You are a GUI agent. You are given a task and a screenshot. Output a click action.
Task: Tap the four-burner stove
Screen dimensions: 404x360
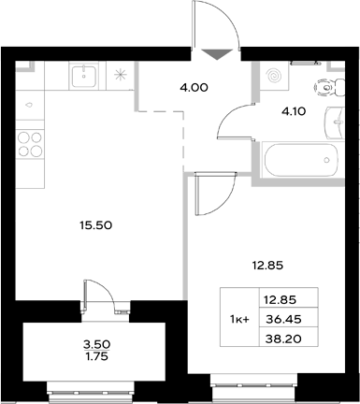point(30,142)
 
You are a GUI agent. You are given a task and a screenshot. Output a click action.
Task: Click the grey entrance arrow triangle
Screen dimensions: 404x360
point(215,55)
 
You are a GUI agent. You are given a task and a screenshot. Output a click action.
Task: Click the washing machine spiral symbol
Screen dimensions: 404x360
point(276,75)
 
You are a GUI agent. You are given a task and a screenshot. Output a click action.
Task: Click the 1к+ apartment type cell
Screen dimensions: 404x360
point(238,318)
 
